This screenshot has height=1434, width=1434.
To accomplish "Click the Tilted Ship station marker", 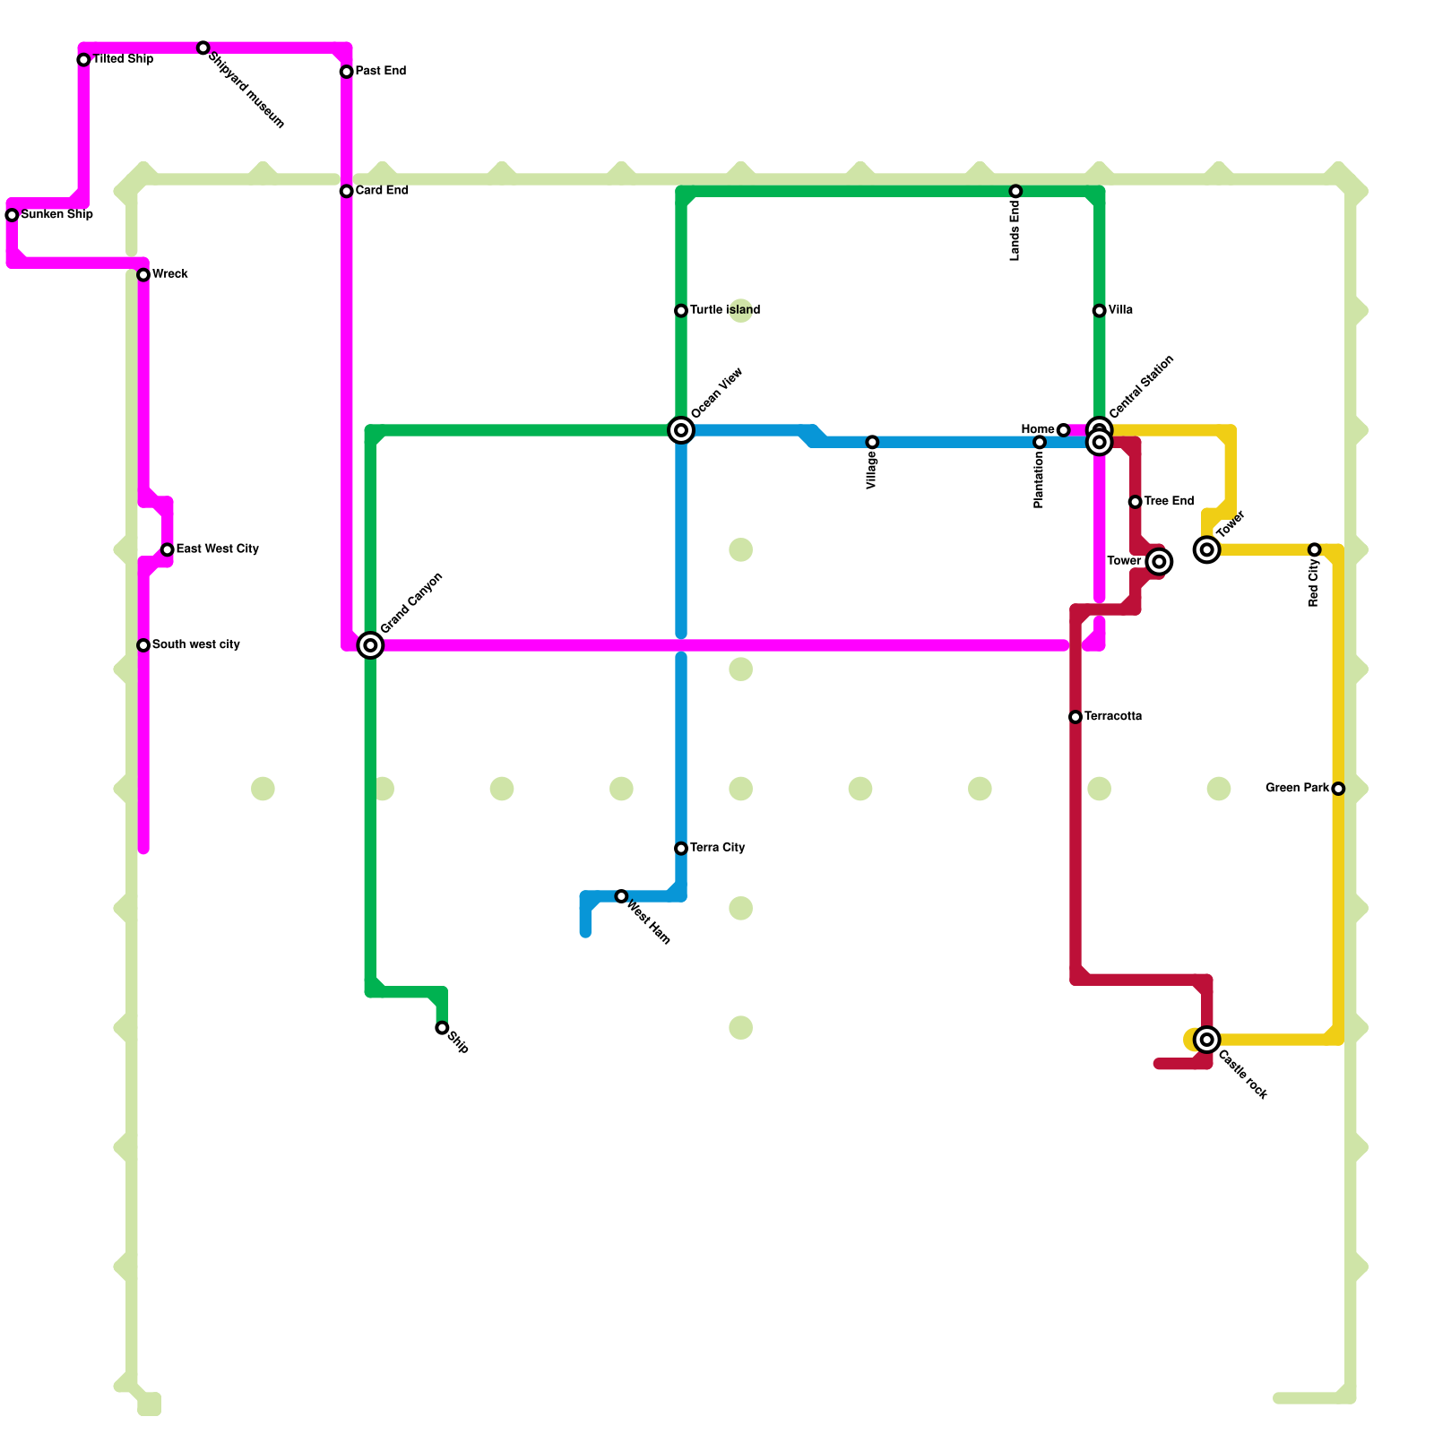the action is pos(83,60).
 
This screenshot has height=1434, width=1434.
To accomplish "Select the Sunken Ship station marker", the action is pos(12,215).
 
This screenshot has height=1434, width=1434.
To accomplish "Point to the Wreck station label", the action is pos(170,274).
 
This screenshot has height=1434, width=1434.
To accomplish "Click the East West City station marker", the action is pos(168,549).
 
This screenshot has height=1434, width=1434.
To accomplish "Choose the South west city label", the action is pos(196,645).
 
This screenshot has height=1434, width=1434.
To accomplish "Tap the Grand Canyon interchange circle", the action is pos(370,645).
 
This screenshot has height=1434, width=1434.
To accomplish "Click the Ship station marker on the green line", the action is pos(442,1028).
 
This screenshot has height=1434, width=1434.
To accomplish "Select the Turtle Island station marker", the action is pos(681,311).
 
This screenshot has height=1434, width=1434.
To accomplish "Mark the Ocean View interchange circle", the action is pos(681,430).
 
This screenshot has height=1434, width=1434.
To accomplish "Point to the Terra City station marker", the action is pos(681,849).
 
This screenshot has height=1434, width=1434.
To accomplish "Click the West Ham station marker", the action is pos(621,896).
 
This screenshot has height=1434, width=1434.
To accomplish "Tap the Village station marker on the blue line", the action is pos(872,442).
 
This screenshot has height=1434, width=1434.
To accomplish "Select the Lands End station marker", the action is pos(1015,191).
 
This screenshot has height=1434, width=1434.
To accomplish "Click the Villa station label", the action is pos(1120,310).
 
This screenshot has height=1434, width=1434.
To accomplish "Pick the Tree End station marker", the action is pos(1135,502).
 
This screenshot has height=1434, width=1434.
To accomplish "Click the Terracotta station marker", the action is pos(1075,717).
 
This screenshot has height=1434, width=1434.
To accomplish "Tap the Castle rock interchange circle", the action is pos(1207,1040).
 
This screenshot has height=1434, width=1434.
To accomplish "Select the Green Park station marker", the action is pos(1338,789).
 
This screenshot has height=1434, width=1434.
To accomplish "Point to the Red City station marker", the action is pos(1314,549).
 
